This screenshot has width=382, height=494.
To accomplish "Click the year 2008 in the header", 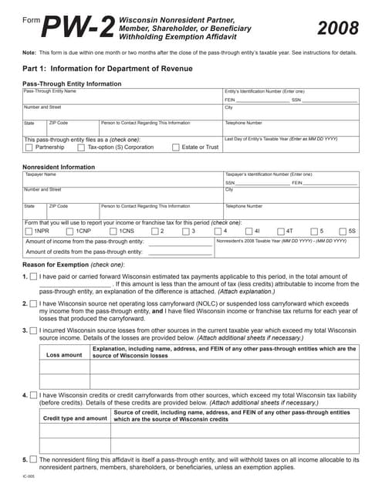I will coord(338,29).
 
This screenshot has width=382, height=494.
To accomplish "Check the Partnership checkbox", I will coord(29,147).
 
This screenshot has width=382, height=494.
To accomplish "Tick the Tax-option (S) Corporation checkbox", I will coord(80,147).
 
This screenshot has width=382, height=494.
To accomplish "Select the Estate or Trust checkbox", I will coord(175,147).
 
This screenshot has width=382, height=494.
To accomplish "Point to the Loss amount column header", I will coord(64,355).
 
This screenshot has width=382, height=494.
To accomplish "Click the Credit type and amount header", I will coord(75,418).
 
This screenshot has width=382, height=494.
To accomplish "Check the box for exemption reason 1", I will coord(32,276).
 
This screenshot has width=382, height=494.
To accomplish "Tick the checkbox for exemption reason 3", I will coord(32,330).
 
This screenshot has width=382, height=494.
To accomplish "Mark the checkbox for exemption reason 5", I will coord(32,459).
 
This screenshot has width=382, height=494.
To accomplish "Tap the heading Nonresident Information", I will coord(59,166).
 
